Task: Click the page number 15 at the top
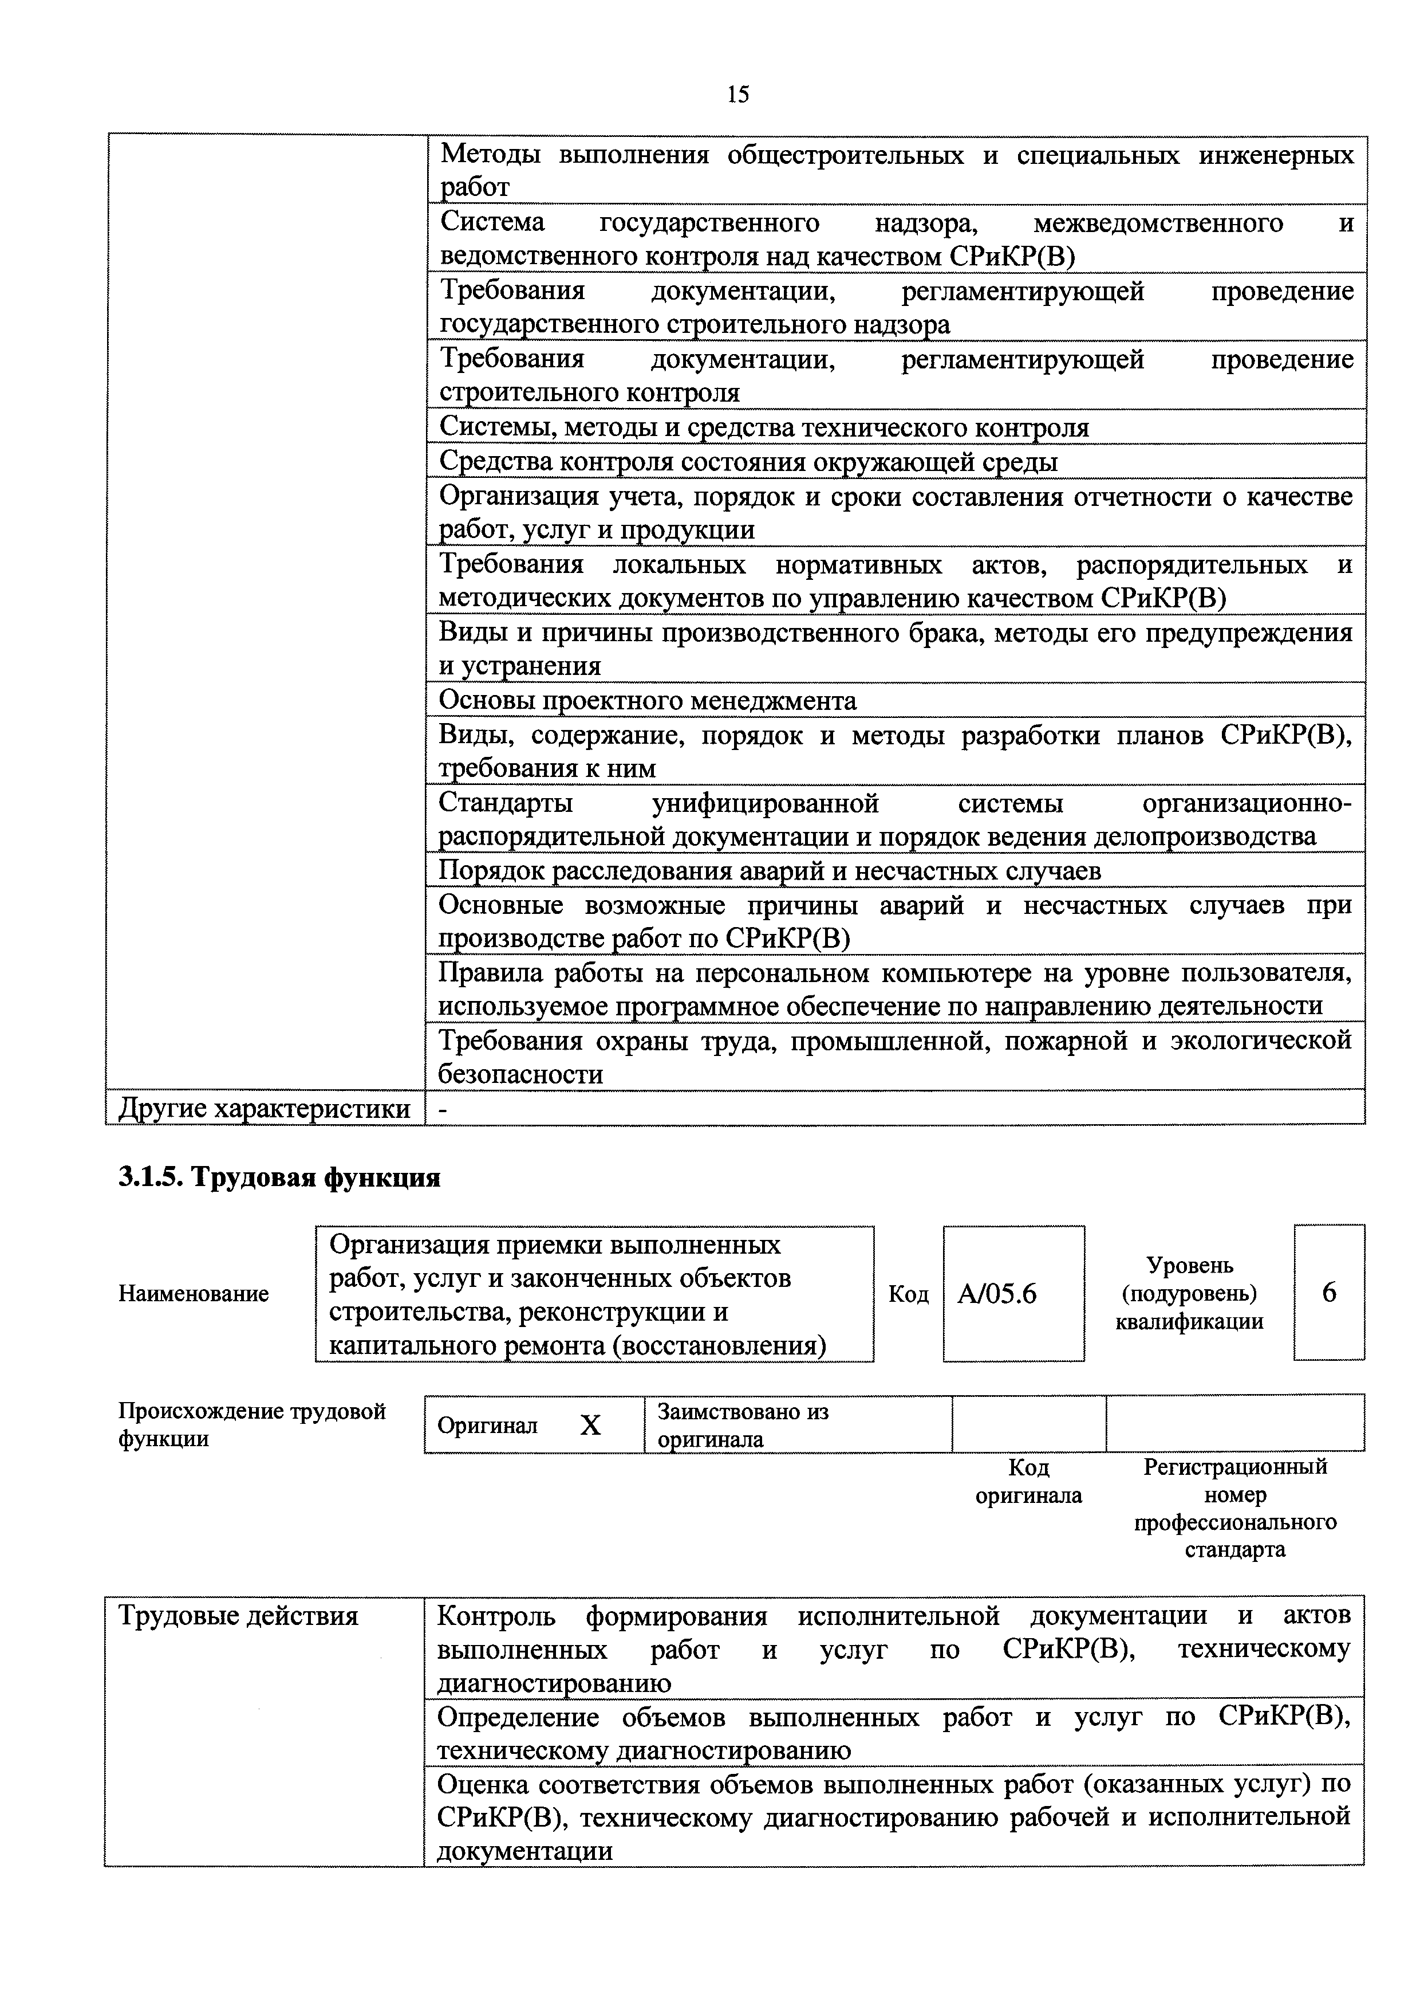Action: pyautogui.click(x=737, y=95)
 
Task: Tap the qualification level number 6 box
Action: pyautogui.click(x=1328, y=1293)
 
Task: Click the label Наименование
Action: pyautogui.click(x=194, y=1294)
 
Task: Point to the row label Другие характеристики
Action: pyautogui.click(x=264, y=1108)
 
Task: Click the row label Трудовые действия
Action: pyautogui.click(x=238, y=1615)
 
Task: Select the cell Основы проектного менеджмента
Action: pyautogui.click(x=648, y=700)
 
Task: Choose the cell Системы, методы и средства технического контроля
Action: pyautogui.click(x=764, y=427)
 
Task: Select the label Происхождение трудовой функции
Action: pyautogui.click(x=252, y=1425)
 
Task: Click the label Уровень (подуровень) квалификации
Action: pyautogui.click(x=1189, y=1293)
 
